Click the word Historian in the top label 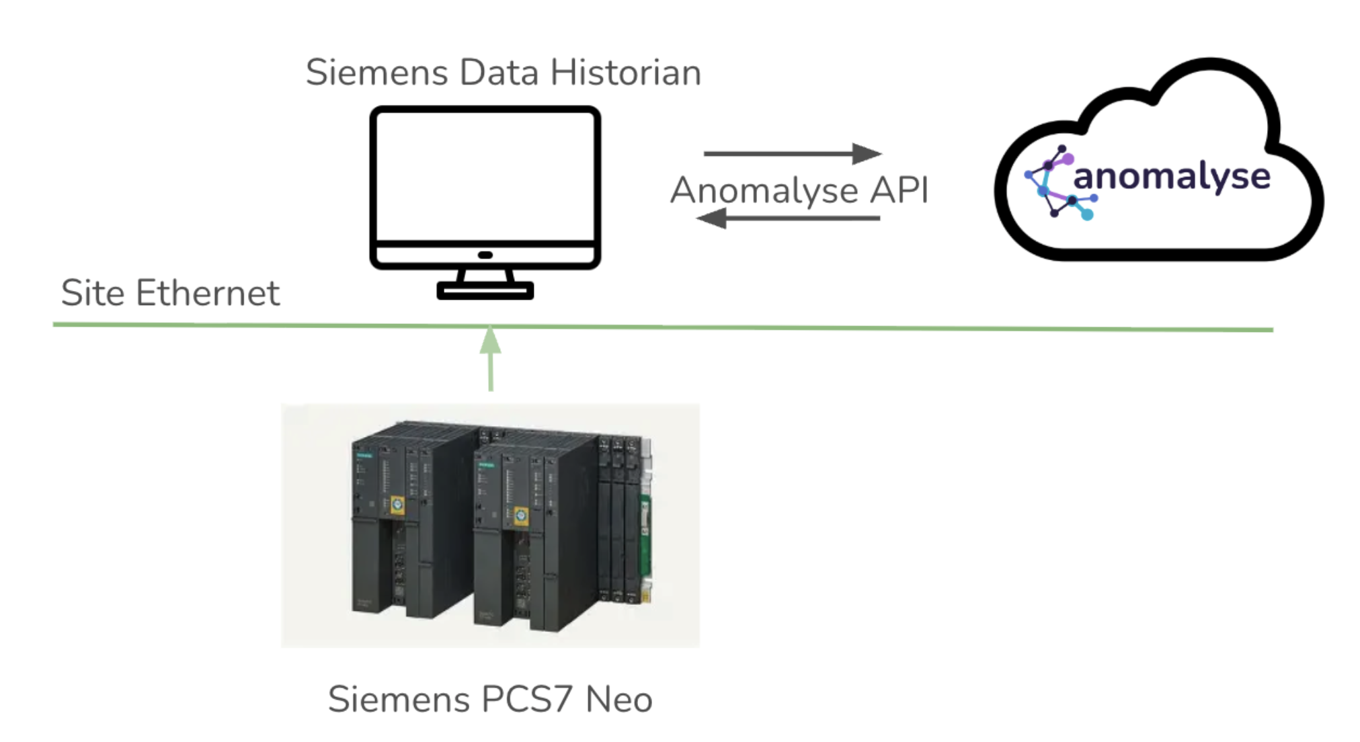tap(625, 73)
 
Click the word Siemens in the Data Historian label tap(376, 73)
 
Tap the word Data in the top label tap(499, 73)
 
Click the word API tap(899, 190)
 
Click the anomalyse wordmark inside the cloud tap(1171, 177)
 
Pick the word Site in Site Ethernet tap(92, 293)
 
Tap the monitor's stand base tap(485, 290)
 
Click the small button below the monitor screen tap(485, 255)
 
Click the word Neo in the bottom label tap(618, 700)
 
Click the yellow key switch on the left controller tap(397, 505)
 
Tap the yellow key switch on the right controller tap(520, 516)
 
